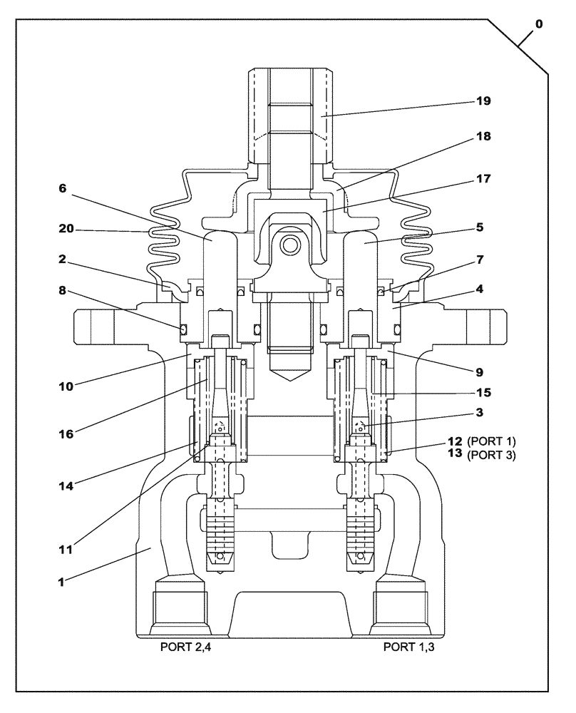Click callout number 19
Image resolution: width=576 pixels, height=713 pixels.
pos(484,101)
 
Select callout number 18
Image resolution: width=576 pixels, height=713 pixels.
pos(484,135)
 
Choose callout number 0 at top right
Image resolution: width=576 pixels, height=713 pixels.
pos(538,24)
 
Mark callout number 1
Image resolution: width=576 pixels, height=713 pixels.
pos(62,581)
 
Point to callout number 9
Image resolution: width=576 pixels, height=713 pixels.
pos(479,371)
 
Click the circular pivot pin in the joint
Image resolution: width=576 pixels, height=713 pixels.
pos(289,246)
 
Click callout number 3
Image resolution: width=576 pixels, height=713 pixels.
pos(480,413)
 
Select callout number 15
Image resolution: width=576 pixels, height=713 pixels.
pos(484,392)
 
